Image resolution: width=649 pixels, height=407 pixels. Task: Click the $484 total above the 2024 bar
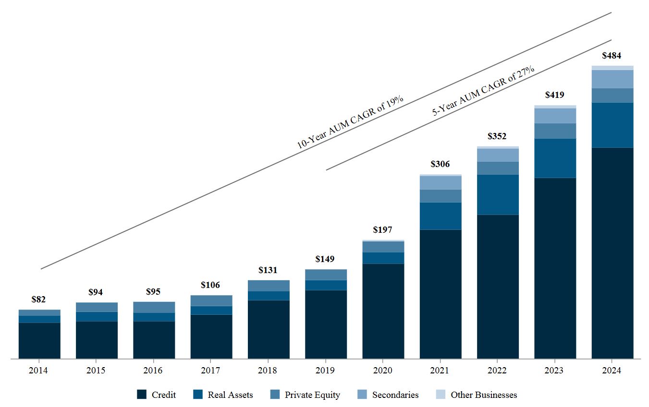click(x=612, y=56)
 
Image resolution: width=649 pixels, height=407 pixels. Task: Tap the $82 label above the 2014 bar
click(x=38, y=299)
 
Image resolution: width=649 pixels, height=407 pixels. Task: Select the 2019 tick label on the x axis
click(x=326, y=371)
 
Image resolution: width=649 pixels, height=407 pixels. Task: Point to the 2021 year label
click(x=440, y=371)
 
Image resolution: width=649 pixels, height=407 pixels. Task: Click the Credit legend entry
click(x=156, y=395)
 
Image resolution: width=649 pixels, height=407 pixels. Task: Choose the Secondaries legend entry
click(x=388, y=395)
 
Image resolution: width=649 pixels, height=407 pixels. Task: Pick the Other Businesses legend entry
click(x=477, y=395)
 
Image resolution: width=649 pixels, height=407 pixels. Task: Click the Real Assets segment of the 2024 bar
click(x=612, y=125)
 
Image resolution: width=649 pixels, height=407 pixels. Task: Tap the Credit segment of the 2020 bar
click(x=383, y=311)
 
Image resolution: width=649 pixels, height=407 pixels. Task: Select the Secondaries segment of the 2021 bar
click(x=441, y=183)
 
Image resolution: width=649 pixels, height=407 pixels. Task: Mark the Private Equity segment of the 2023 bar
click(x=555, y=131)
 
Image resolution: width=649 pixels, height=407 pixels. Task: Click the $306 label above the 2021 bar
click(x=440, y=164)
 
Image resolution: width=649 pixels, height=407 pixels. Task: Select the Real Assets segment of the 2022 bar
click(x=498, y=194)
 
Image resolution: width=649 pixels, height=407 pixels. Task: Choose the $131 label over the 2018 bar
click(x=268, y=270)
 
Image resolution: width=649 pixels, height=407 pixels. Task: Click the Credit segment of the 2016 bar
click(x=154, y=340)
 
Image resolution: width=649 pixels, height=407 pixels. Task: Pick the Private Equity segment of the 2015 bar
click(x=97, y=307)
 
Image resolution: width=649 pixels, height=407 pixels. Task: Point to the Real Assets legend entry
click(x=223, y=395)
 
